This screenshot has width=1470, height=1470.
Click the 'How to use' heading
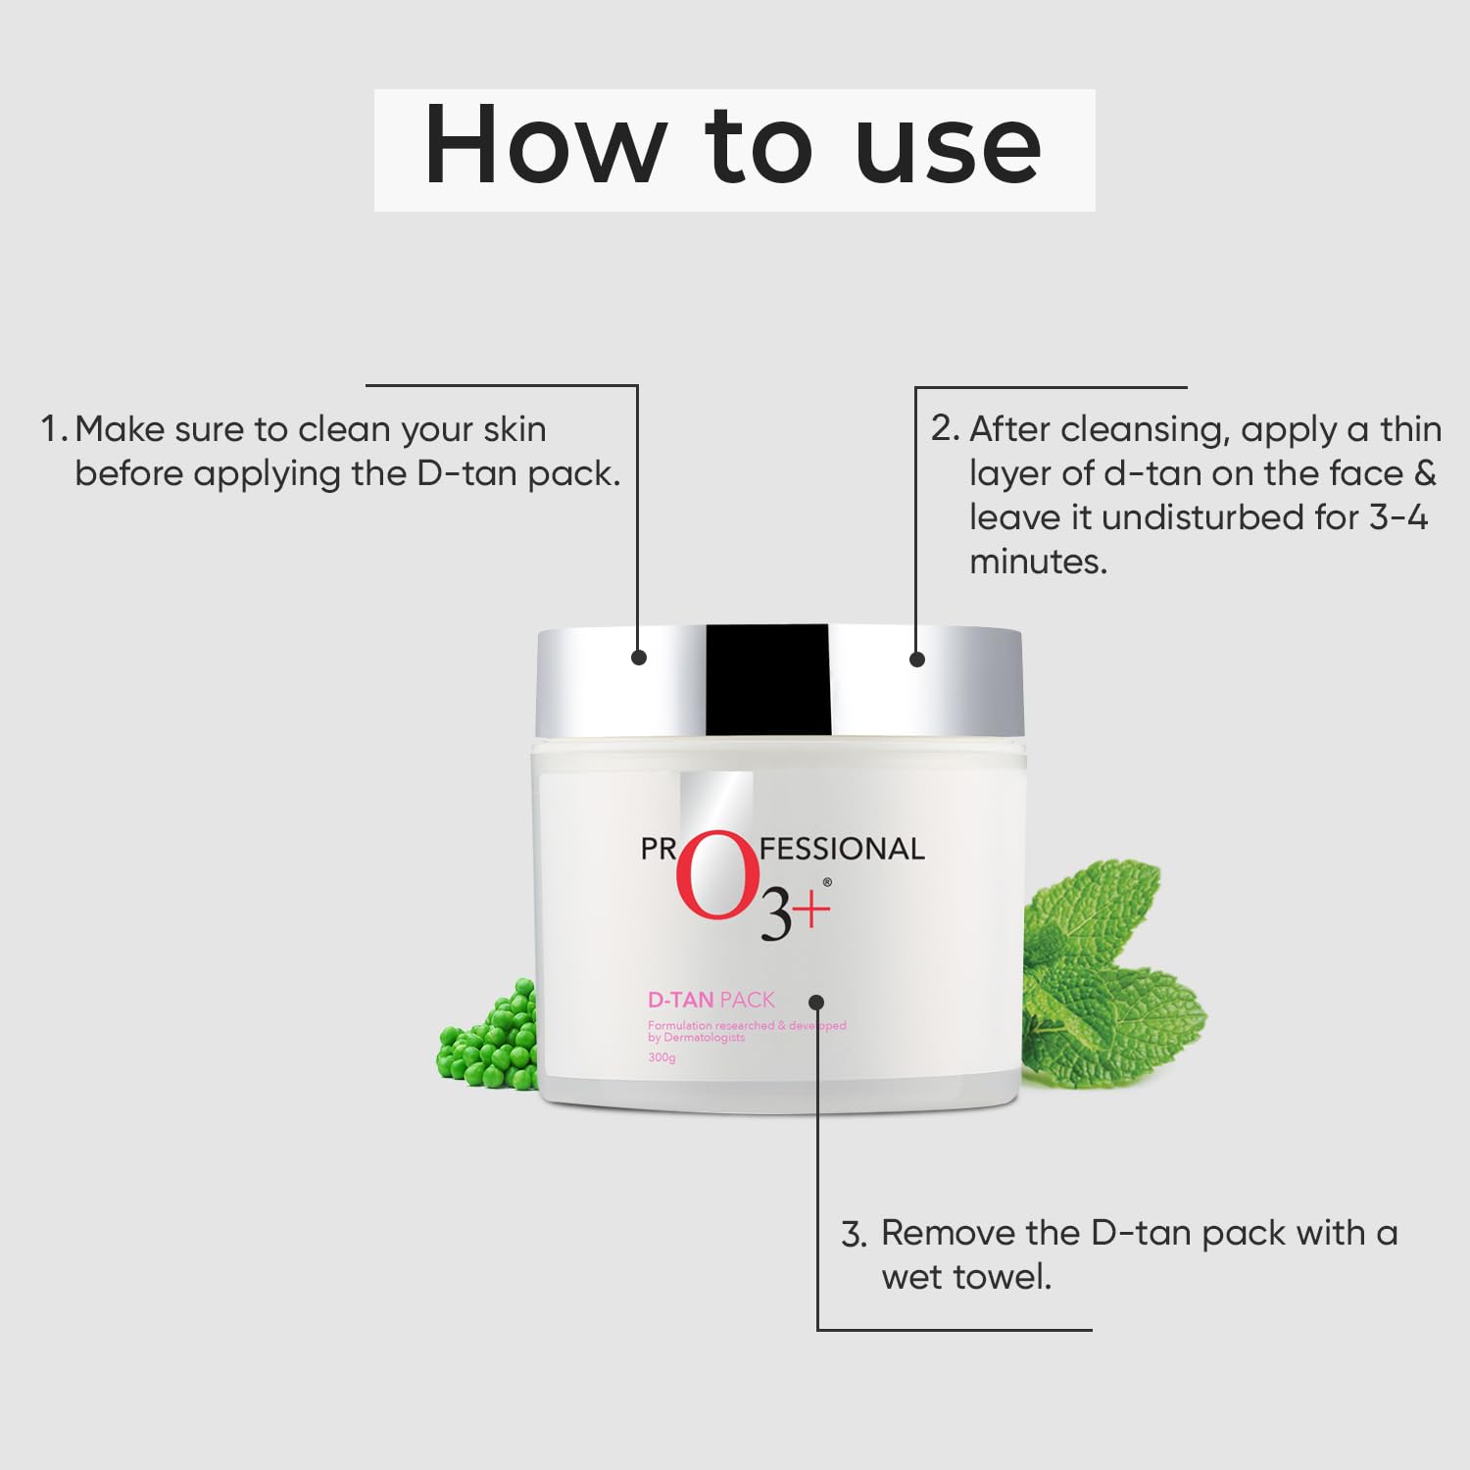coord(733,148)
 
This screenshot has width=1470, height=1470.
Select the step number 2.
coord(944,428)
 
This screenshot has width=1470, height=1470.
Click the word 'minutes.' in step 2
coord(1038,562)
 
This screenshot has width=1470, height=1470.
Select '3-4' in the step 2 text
coord(1397,516)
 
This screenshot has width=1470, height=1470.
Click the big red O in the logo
coord(717,876)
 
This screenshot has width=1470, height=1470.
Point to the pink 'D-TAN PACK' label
coord(710,1000)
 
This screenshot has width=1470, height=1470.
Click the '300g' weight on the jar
coord(661,1057)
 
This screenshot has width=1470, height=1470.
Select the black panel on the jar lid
coord(767,678)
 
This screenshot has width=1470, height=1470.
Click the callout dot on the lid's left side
coord(639,658)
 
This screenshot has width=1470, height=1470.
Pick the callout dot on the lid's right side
coord(917,660)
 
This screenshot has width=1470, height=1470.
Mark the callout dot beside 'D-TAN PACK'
coord(816,1002)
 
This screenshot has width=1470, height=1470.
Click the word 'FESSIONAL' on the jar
coord(842,849)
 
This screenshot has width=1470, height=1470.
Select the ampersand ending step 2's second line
coord(1425,473)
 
